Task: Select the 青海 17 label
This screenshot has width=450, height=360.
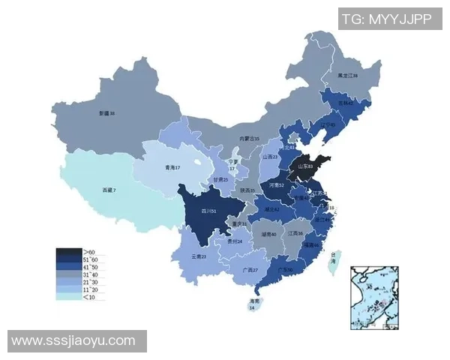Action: click(173, 168)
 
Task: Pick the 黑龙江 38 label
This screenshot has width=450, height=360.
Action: click(347, 76)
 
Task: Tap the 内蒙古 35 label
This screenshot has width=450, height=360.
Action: click(249, 139)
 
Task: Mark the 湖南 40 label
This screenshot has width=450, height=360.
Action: click(269, 234)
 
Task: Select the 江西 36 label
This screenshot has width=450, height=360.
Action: click(295, 233)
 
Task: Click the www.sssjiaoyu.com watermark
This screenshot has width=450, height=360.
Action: click(73, 340)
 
